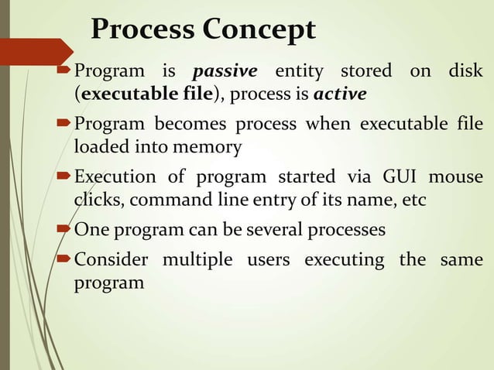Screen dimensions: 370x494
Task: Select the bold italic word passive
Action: coord(225,72)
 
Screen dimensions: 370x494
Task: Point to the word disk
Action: coord(465,72)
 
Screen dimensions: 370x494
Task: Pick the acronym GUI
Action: coord(396,176)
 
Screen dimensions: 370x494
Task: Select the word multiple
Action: coord(198,259)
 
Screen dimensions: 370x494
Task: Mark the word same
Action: coord(462,259)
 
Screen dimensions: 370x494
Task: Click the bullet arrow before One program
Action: coord(66,230)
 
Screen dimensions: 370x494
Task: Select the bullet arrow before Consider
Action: coord(66,260)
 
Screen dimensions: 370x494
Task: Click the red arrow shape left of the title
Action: coord(39,51)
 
